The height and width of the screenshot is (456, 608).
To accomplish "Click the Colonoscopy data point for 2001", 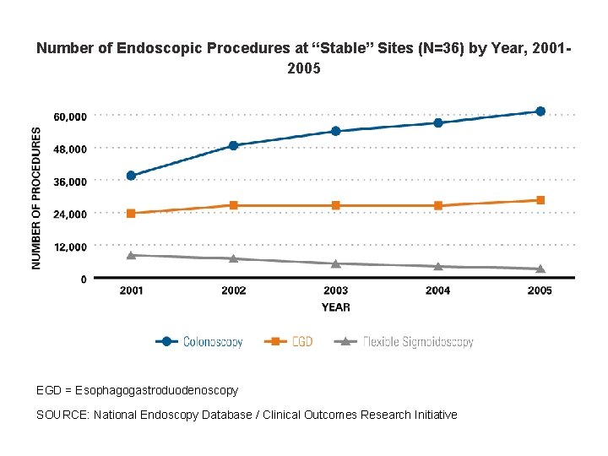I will click(131, 176).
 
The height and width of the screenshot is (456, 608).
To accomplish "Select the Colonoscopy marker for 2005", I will click(540, 111).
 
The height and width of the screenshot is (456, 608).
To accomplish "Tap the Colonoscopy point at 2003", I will click(336, 131).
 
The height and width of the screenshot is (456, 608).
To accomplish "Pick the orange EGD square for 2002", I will click(234, 205).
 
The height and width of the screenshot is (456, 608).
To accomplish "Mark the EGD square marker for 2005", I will click(540, 200).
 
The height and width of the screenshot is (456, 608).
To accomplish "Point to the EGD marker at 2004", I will click(438, 205).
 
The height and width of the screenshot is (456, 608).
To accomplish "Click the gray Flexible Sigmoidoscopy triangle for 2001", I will click(131, 254).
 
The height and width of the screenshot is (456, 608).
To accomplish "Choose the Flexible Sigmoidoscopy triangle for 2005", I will click(540, 269).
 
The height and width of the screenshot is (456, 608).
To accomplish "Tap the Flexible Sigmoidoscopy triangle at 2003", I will click(336, 263).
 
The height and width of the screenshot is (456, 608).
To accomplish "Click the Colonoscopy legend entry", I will click(199, 342).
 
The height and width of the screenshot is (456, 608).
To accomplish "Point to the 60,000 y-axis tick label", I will click(69, 117).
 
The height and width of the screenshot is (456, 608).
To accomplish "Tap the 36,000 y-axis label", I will click(69, 182).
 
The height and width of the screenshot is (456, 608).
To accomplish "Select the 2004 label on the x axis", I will click(438, 290).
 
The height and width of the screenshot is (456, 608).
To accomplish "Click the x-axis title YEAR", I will click(335, 307).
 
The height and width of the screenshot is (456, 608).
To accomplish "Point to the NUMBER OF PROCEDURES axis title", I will click(36, 198).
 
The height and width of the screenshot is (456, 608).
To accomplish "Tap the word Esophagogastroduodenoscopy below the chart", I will click(156, 390).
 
